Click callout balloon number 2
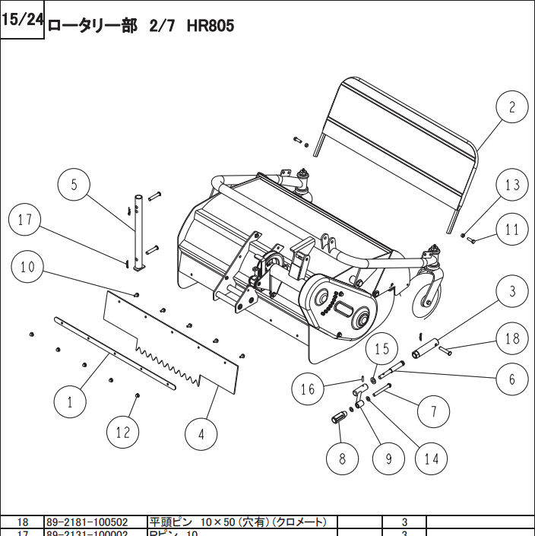click(x=512, y=107)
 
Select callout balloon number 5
click(x=74, y=184)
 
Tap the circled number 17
click(x=26, y=220)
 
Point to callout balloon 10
click(x=28, y=267)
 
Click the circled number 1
click(x=71, y=401)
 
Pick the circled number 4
click(x=201, y=435)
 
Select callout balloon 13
click(x=513, y=185)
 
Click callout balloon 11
click(x=513, y=229)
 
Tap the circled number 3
click(x=513, y=291)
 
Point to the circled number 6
click(x=513, y=379)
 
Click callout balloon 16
click(x=308, y=389)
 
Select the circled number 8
click(x=343, y=458)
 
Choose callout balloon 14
click(x=432, y=458)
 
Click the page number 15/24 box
click(x=23, y=21)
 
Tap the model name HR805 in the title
click(x=211, y=25)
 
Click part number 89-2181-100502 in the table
click(x=87, y=522)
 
